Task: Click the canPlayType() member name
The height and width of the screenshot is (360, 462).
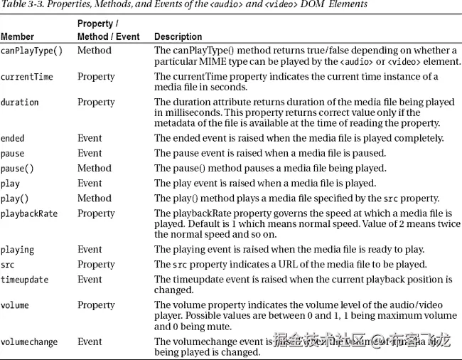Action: pos(31,51)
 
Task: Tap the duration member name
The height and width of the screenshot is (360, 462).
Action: pos(20,102)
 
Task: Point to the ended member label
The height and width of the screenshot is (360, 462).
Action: pos(13,139)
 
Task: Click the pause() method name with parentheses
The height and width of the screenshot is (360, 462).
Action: pos(18,169)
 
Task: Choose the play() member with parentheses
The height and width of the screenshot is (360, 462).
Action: pos(15,198)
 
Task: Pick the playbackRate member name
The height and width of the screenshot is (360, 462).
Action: pos(29,213)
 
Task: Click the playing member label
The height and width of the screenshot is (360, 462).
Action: pos(18,250)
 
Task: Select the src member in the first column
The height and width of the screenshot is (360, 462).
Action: pos(9,265)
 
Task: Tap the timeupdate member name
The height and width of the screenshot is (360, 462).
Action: pos(25,280)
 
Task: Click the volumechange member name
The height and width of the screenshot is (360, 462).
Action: pos(29,342)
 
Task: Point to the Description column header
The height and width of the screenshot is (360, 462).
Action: pos(178,36)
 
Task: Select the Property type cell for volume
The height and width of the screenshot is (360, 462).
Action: pos(96,305)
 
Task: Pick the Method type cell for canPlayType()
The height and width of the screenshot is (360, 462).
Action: pos(95,51)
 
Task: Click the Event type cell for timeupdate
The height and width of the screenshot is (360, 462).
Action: pos(90,280)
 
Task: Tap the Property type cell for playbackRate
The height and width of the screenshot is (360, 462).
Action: pos(96,213)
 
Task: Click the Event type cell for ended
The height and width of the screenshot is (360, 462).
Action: pos(90,139)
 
